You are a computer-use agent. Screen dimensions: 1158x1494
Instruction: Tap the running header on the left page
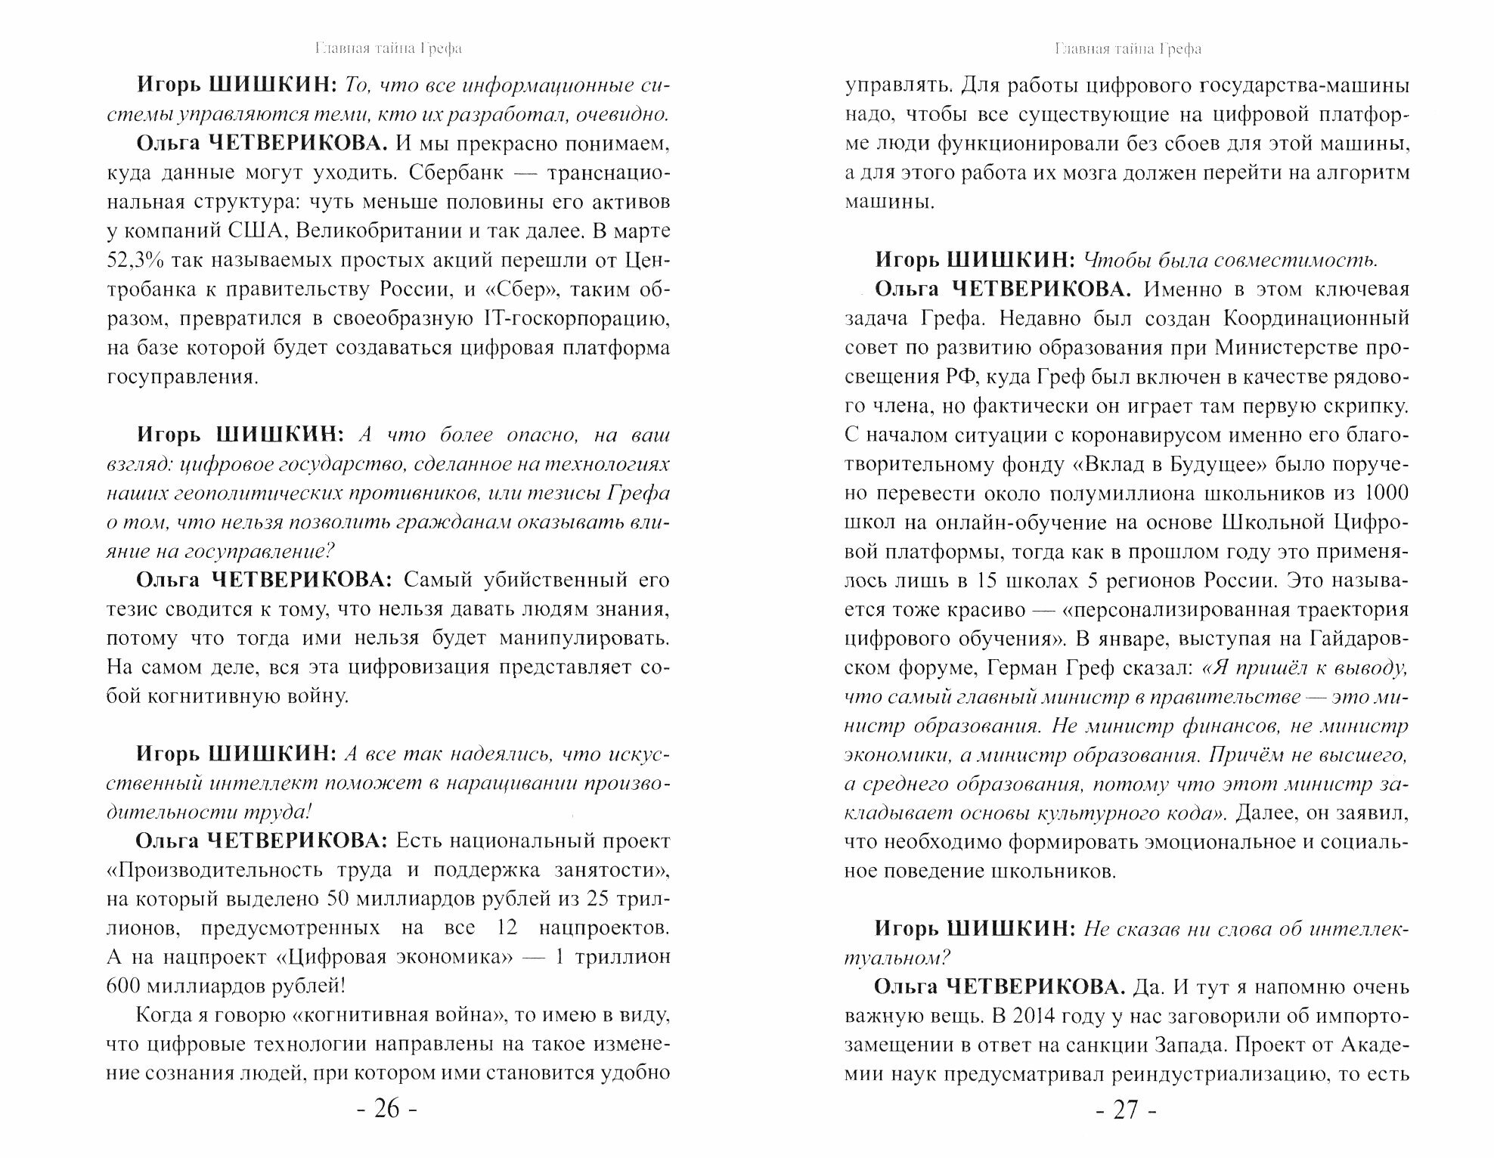[x=387, y=49]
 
